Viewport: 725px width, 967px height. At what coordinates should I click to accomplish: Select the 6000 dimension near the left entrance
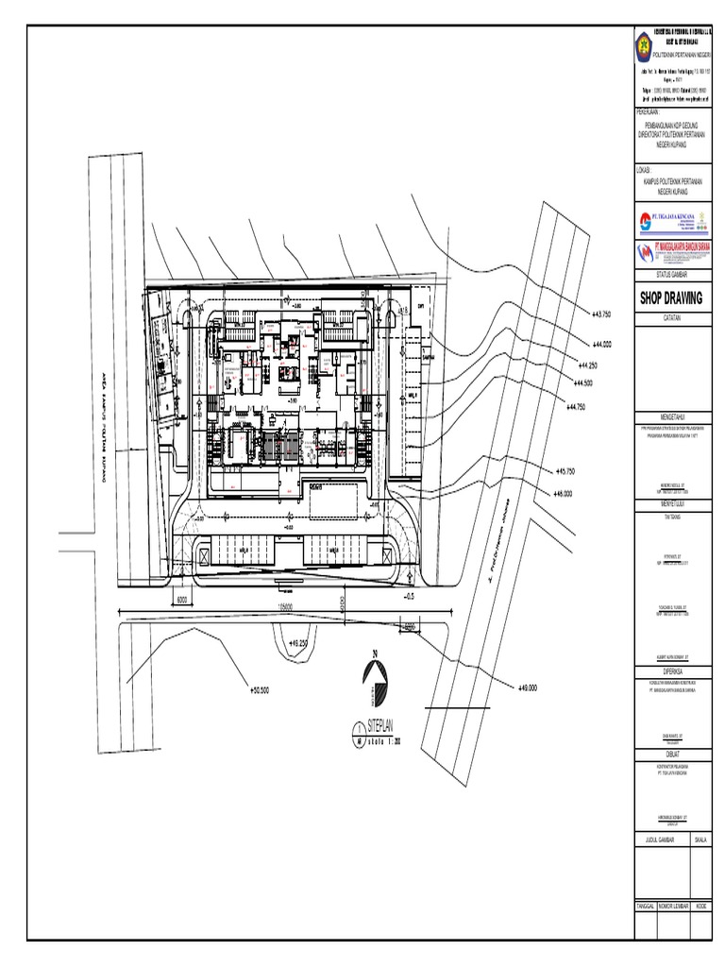point(183,599)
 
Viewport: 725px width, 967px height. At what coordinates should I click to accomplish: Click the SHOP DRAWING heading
point(670,297)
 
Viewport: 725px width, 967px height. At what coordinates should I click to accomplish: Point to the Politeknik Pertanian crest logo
point(644,43)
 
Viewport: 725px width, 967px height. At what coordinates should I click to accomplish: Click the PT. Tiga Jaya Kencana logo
point(670,221)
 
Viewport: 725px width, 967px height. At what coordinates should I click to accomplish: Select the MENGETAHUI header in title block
point(670,416)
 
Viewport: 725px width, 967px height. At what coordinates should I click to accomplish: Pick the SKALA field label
point(700,838)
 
